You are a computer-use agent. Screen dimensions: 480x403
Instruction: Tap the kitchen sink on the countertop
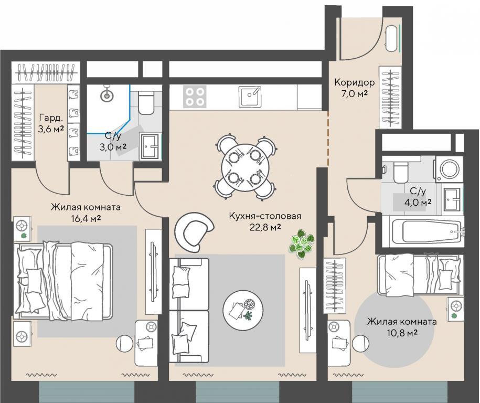(x=250, y=96)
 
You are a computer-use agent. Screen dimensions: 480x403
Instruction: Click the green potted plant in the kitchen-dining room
(x=301, y=244)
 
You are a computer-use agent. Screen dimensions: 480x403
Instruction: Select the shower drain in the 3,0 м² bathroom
(x=106, y=96)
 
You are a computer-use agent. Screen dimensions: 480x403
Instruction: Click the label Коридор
(x=354, y=82)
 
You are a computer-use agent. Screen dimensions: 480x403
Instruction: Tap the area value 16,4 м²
(x=86, y=219)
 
